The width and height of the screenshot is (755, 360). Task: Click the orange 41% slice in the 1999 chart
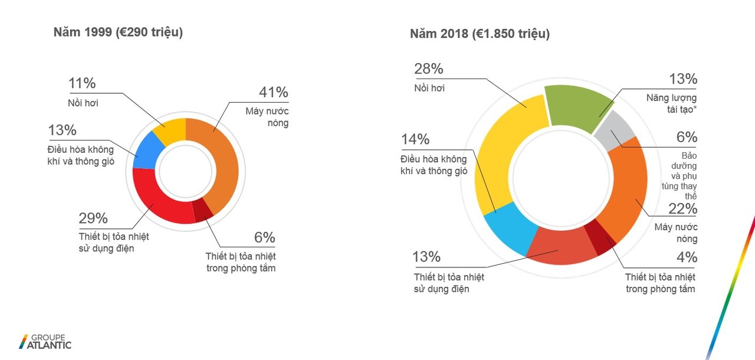[x=224, y=159]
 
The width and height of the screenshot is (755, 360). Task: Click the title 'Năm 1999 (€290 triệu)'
[x=118, y=33]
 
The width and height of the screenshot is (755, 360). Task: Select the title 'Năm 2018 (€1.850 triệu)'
[x=480, y=34]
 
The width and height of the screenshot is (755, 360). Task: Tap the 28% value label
[x=428, y=69]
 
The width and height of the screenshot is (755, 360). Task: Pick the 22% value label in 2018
[x=683, y=209]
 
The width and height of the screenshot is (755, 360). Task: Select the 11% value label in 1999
[x=81, y=84]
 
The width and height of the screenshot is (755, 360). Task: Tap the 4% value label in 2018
[x=687, y=258]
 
